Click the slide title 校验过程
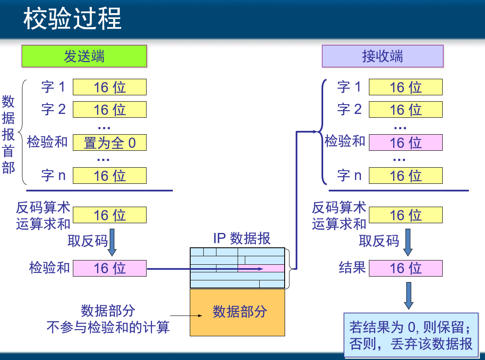(72, 19)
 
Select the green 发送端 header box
(84, 56)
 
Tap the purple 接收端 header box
(382, 56)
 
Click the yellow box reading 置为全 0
(110, 143)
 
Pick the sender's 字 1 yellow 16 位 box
(110, 87)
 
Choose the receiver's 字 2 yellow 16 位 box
(405, 110)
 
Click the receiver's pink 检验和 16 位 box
(405, 143)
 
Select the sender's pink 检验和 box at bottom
(110, 268)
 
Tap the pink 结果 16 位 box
(405, 268)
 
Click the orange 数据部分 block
(237, 312)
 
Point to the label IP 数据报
(241, 238)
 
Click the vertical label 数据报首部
(8, 134)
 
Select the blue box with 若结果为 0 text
(411, 335)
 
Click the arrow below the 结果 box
(408, 295)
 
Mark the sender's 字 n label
(53, 175)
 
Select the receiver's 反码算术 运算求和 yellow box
(405, 215)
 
